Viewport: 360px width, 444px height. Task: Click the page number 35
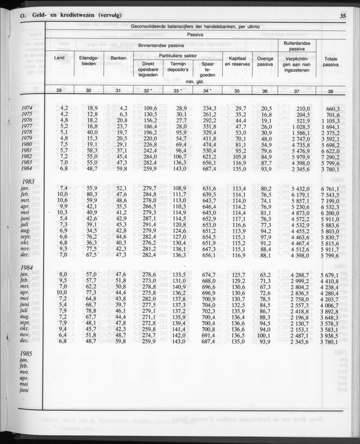[343, 16]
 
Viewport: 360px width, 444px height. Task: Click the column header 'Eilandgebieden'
[89, 61]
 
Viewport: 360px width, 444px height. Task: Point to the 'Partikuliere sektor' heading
[178, 55]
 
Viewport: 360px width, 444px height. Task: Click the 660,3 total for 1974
[332, 108]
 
